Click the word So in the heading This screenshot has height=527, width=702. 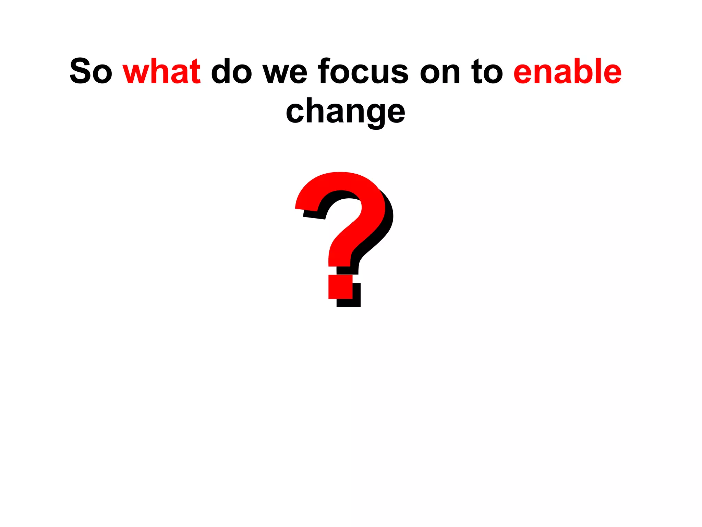pos(91,71)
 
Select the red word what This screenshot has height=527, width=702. pos(161,71)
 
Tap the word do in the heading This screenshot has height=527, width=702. pos(231,71)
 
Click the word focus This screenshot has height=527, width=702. pos(363,71)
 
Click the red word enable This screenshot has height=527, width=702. pos(567,71)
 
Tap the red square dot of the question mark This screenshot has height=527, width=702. pos(340,287)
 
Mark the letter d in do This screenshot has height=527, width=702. pos(222,71)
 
